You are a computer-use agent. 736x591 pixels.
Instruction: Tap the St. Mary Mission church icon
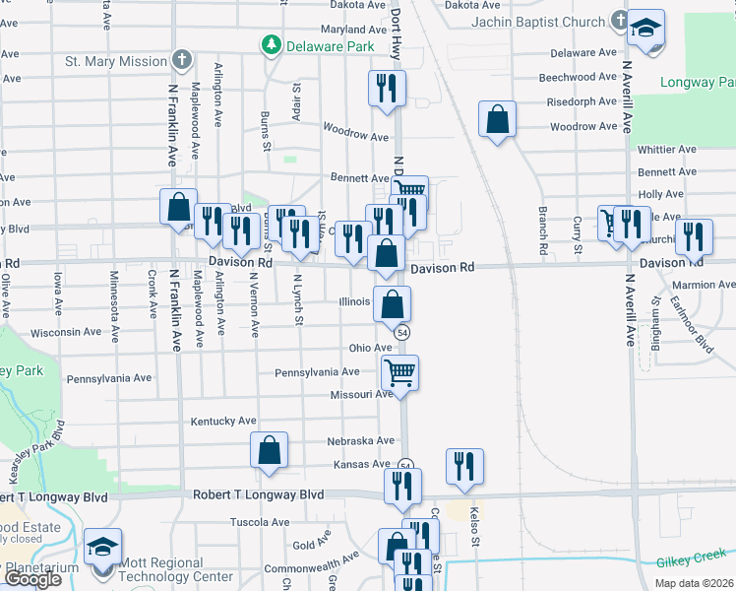coord(181,60)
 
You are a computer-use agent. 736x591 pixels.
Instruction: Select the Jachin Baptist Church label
coord(537,21)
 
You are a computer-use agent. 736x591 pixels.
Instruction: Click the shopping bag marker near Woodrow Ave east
coord(498,120)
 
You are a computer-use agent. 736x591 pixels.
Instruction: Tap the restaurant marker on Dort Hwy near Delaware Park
coord(386,89)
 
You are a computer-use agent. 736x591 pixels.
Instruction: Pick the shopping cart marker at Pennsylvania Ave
coord(399,373)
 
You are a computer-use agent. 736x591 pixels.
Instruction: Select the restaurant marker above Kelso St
coord(464,467)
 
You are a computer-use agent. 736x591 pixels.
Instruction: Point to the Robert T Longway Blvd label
coord(259,494)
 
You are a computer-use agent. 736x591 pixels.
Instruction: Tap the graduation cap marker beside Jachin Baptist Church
coord(645,28)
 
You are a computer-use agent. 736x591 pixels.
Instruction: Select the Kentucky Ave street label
coord(223,421)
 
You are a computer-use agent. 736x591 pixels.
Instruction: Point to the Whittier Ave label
coord(667,150)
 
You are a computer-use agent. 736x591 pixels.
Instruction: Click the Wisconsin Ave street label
coord(68,333)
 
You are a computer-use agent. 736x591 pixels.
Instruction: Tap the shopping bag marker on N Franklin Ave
coord(178,207)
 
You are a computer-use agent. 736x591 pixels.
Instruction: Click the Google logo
coord(32,579)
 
